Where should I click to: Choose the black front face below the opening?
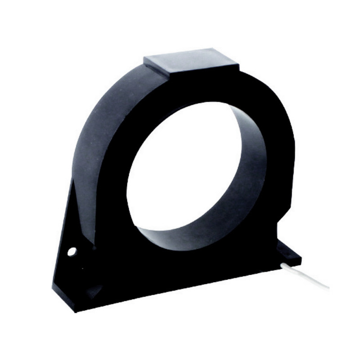tap(189, 270)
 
